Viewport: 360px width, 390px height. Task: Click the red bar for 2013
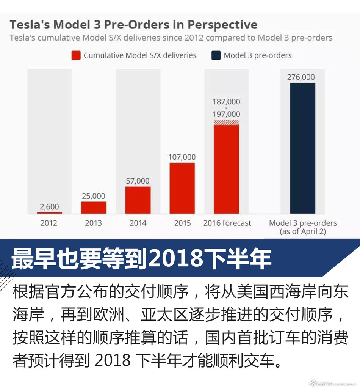coord(94,208)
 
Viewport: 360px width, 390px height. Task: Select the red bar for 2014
coord(138,200)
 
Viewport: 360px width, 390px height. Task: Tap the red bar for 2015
coord(182,188)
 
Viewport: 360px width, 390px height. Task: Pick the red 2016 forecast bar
coord(227,169)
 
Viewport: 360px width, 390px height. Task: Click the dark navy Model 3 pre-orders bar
coord(303,148)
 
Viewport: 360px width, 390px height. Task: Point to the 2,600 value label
coord(50,207)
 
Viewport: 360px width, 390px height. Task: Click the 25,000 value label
coord(94,196)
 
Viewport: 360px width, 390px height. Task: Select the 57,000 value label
coord(138,181)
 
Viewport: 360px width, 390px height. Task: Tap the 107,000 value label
coord(182,157)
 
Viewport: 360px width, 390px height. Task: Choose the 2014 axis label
coord(138,223)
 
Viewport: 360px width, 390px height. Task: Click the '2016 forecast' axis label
coord(227,223)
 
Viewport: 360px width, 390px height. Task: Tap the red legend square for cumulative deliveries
coord(76,55)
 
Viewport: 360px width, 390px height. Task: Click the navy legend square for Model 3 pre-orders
coord(216,55)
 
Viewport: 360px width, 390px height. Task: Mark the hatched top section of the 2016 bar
coord(227,122)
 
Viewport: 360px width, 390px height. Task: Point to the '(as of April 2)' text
coord(303,231)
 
